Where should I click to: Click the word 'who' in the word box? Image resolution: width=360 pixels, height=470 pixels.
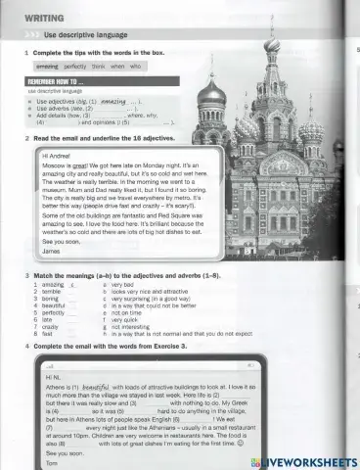coord(136,66)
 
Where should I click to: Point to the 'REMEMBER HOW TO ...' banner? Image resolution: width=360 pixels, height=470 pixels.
coord(58,81)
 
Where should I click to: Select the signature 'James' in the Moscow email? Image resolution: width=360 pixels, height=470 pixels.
coord(53,252)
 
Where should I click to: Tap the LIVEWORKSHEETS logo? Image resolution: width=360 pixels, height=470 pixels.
coord(304,460)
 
